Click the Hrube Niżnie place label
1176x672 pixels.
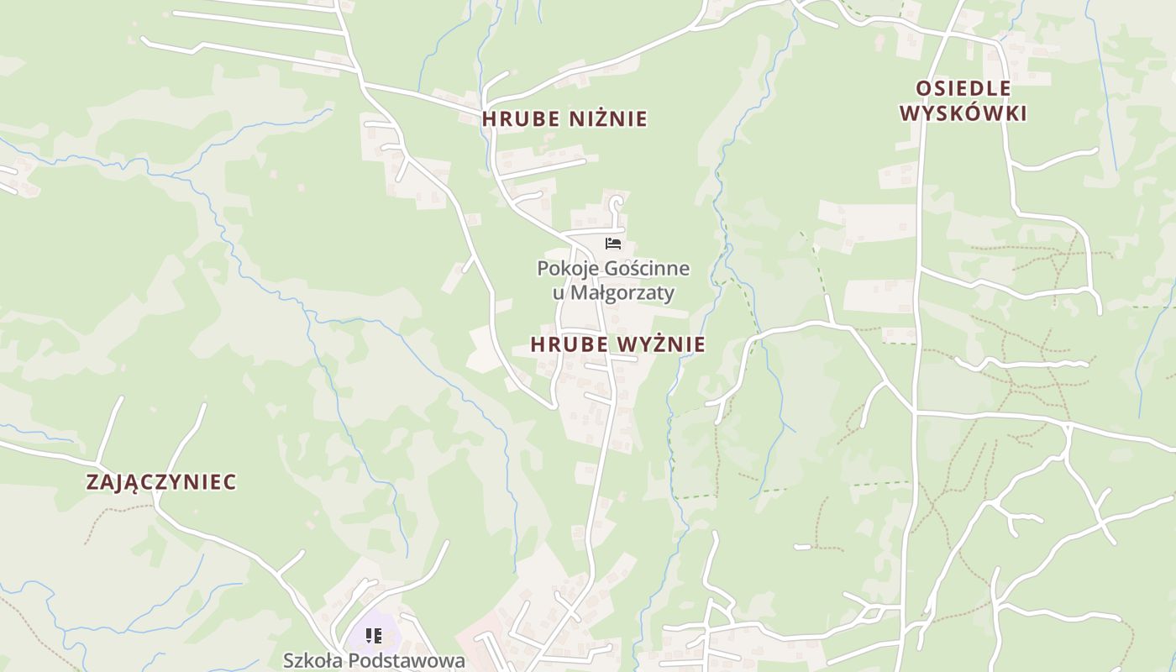[564, 119]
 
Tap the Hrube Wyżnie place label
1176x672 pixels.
[617, 344]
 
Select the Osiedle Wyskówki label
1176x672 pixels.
[963, 101]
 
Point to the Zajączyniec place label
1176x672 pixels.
[161, 482]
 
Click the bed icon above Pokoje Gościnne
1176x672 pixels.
[613, 244]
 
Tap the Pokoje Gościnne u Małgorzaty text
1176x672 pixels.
[613, 281]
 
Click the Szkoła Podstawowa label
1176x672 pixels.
[374, 660]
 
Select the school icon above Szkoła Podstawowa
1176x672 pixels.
[374, 636]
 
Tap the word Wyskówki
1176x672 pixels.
[963, 113]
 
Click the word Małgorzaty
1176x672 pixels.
[622, 293]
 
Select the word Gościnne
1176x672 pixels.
[649, 269]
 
